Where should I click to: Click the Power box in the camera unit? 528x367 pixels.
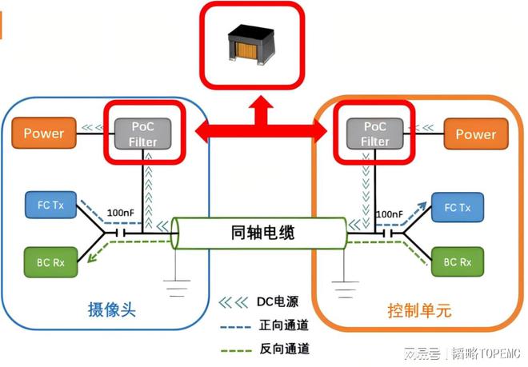43,134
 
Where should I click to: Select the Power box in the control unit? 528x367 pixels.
476,134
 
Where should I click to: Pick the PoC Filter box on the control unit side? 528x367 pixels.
374,134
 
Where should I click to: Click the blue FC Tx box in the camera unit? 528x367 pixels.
50,206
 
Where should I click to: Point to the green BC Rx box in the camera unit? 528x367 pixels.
50,261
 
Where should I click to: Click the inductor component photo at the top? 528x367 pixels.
253,42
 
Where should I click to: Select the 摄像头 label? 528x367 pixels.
111,309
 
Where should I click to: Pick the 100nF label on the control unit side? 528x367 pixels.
388,213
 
